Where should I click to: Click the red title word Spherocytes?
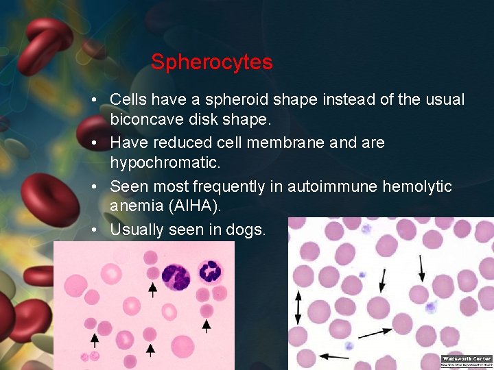[x=211, y=62]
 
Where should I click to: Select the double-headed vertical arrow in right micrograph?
[x=298, y=308]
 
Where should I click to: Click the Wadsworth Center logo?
[x=467, y=361]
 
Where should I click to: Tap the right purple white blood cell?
[x=209, y=272]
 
